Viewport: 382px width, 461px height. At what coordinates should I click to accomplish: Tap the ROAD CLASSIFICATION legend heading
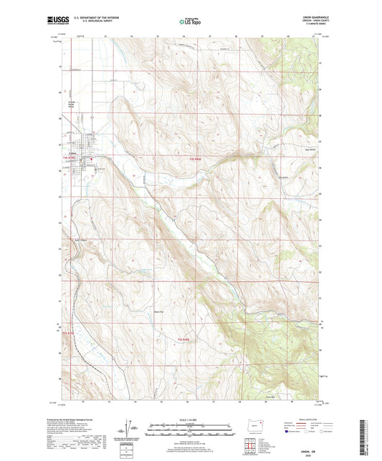pyautogui.click(x=304, y=420)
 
